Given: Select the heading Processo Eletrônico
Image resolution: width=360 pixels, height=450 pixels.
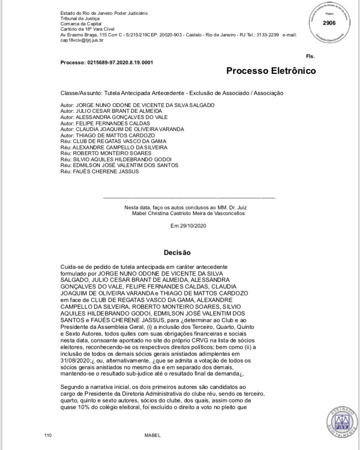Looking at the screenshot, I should pos(271,71).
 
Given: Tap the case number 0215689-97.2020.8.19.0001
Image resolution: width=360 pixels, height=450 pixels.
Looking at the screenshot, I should pos(120,62).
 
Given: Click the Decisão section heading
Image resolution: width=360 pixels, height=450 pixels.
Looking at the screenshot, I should pos(177,252).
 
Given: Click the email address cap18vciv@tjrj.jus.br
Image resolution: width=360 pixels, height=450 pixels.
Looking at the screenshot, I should pos(83,41).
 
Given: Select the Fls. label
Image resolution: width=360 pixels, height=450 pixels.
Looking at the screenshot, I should pos(310,56).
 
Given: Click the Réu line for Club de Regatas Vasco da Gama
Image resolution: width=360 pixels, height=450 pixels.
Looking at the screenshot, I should pos(113,141).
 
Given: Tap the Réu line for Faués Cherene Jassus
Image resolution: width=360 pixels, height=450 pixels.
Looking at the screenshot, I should pos(99,171).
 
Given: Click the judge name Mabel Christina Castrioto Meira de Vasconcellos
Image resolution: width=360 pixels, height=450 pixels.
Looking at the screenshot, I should pos(188,213).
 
